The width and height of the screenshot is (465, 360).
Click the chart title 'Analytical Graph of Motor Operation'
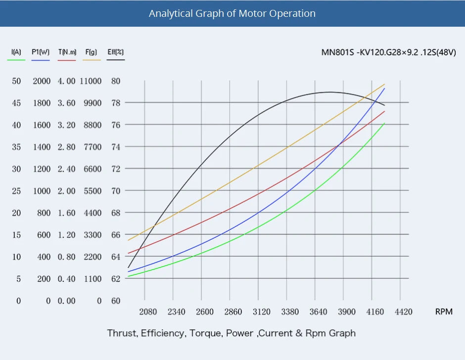pyautogui.click(x=232, y=13)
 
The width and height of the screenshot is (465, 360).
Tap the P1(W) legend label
pyautogui.click(x=41, y=52)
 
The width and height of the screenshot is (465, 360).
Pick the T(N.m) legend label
pyautogui.click(x=67, y=52)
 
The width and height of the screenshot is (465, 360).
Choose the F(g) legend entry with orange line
pyautogui.click(x=91, y=52)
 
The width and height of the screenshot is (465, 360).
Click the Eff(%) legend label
pyautogui.click(x=116, y=52)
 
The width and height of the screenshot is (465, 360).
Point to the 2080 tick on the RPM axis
pyautogui.click(x=148, y=312)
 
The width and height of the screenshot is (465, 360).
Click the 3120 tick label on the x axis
pyautogui.click(x=262, y=312)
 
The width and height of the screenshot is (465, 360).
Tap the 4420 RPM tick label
pyautogui.click(x=404, y=312)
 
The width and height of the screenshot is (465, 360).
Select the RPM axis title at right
pyautogui.click(x=443, y=312)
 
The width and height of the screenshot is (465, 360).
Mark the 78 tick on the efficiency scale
pyautogui.click(x=116, y=103)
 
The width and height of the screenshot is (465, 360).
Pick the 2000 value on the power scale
pyautogui.click(x=42, y=81)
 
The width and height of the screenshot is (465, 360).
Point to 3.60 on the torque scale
pyautogui.click(x=67, y=103)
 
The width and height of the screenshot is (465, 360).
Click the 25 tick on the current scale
pyautogui.click(x=16, y=191)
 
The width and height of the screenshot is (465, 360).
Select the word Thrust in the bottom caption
pyautogui.click(x=122, y=333)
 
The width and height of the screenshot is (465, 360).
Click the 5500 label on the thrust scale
pyautogui.click(x=92, y=191)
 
